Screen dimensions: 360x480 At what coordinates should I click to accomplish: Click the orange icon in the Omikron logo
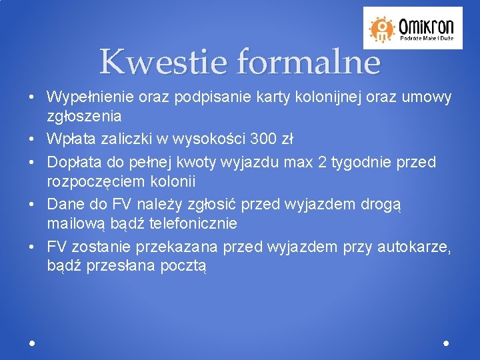pyautogui.click(x=383, y=28)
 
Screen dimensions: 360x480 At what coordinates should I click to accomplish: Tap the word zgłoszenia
pyautogui.click(x=84, y=116)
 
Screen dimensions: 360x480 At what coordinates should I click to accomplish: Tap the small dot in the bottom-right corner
pyautogui.click(x=446, y=343)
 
